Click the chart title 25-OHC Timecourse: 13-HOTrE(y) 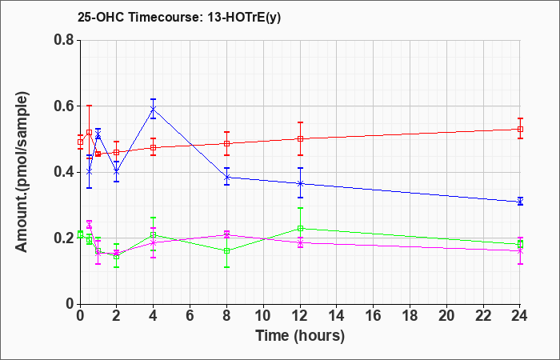pyautogui.click(x=179, y=18)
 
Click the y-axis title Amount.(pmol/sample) pyautogui.click(x=22, y=172)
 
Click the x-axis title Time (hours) pyautogui.click(x=300, y=336)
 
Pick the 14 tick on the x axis pyautogui.click(x=337, y=316)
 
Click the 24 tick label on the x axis pyautogui.click(x=520, y=316)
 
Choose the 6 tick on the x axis pyautogui.click(x=190, y=316)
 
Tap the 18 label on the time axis pyautogui.click(x=410, y=316)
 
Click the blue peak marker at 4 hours pyautogui.click(x=154, y=109)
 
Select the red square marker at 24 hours pyautogui.click(x=520, y=129)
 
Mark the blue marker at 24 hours pyautogui.click(x=520, y=202)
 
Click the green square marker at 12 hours pyautogui.click(x=300, y=229)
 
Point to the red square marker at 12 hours pyautogui.click(x=300, y=139)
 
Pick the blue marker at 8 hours pyautogui.click(x=226, y=177)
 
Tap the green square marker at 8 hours pyautogui.click(x=226, y=250)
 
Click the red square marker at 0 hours pyautogui.click(x=80, y=142)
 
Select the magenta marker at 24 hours pyautogui.click(x=520, y=251)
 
